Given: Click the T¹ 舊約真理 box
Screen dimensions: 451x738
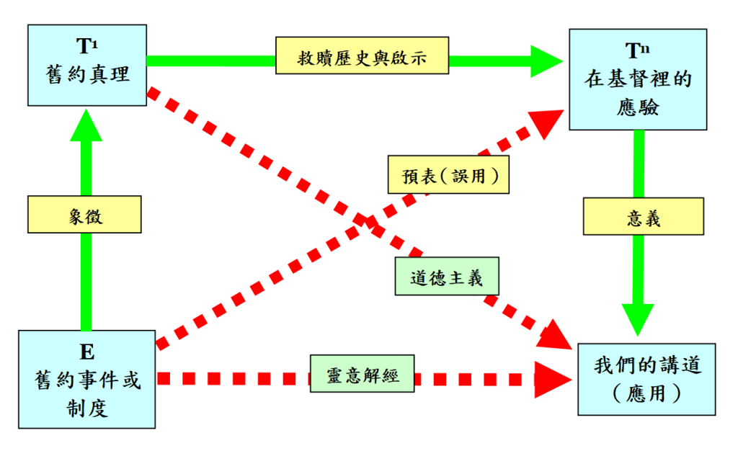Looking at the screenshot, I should pyautogui.click(x=86, y=64).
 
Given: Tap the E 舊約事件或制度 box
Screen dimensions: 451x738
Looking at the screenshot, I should pyautogui.click(x=86, y=379).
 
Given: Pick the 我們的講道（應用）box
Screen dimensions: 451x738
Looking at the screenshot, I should pyautogui.click(x=646, y=379).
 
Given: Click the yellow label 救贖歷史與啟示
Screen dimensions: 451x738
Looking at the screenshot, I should pyautogui.click(x=362, y=57).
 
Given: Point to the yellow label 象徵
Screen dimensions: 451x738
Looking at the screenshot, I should pyautogui.click(x=84, y=215).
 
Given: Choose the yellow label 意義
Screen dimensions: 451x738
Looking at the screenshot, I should pyautogui.click(x=643, y=217).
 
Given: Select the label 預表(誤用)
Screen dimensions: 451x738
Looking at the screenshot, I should pyautogui.click(x=448, y=174).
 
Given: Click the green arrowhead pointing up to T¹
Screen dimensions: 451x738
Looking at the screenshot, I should pyautogui.click(x=86, y=126).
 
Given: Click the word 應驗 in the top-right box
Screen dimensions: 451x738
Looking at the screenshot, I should pyautogui.click(x=638, y=107).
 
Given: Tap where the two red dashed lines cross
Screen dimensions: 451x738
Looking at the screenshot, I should pyautogui.click(x=365, y=220).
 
